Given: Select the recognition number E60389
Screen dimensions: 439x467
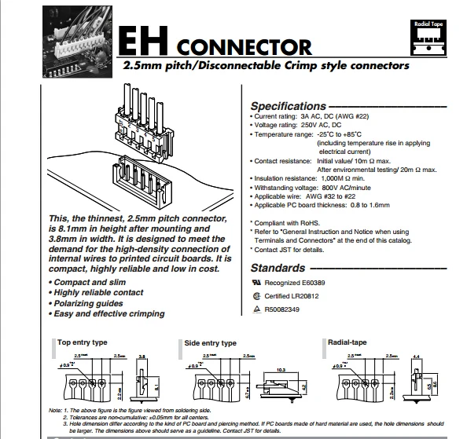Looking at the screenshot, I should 326,281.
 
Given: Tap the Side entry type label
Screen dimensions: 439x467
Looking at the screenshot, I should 210,343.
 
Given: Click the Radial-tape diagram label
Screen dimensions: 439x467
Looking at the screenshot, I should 348,342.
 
